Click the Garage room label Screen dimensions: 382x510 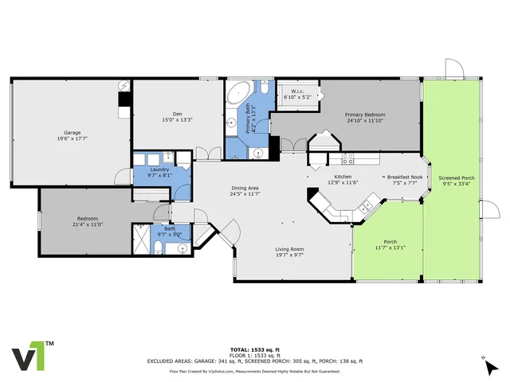[73, 132]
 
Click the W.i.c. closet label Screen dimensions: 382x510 [300, 91]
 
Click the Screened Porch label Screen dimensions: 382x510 [457, 177]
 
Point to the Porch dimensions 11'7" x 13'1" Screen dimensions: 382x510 [390, 247]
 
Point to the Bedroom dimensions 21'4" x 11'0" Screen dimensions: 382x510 [88, 224]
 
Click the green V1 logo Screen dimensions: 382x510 [29, 357]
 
